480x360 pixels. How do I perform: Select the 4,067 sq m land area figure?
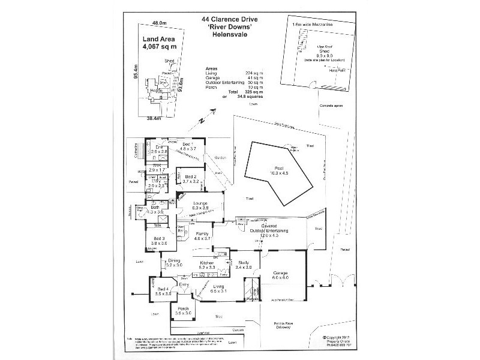point(160,46)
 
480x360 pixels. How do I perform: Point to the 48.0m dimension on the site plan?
point(158,23)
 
